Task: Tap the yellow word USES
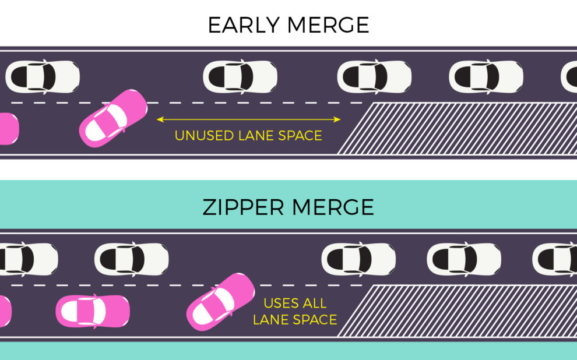(282, 303)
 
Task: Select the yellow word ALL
(315, 303)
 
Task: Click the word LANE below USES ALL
(279, 320)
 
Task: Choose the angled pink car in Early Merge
(113, 118)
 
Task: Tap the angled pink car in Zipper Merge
(220, 302)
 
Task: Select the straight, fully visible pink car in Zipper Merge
(93, 311)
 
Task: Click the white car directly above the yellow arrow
(240, 76)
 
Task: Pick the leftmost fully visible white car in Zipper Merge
(132, 259)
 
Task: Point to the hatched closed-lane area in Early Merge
(460, 128)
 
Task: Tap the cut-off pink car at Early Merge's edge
(8, 129)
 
